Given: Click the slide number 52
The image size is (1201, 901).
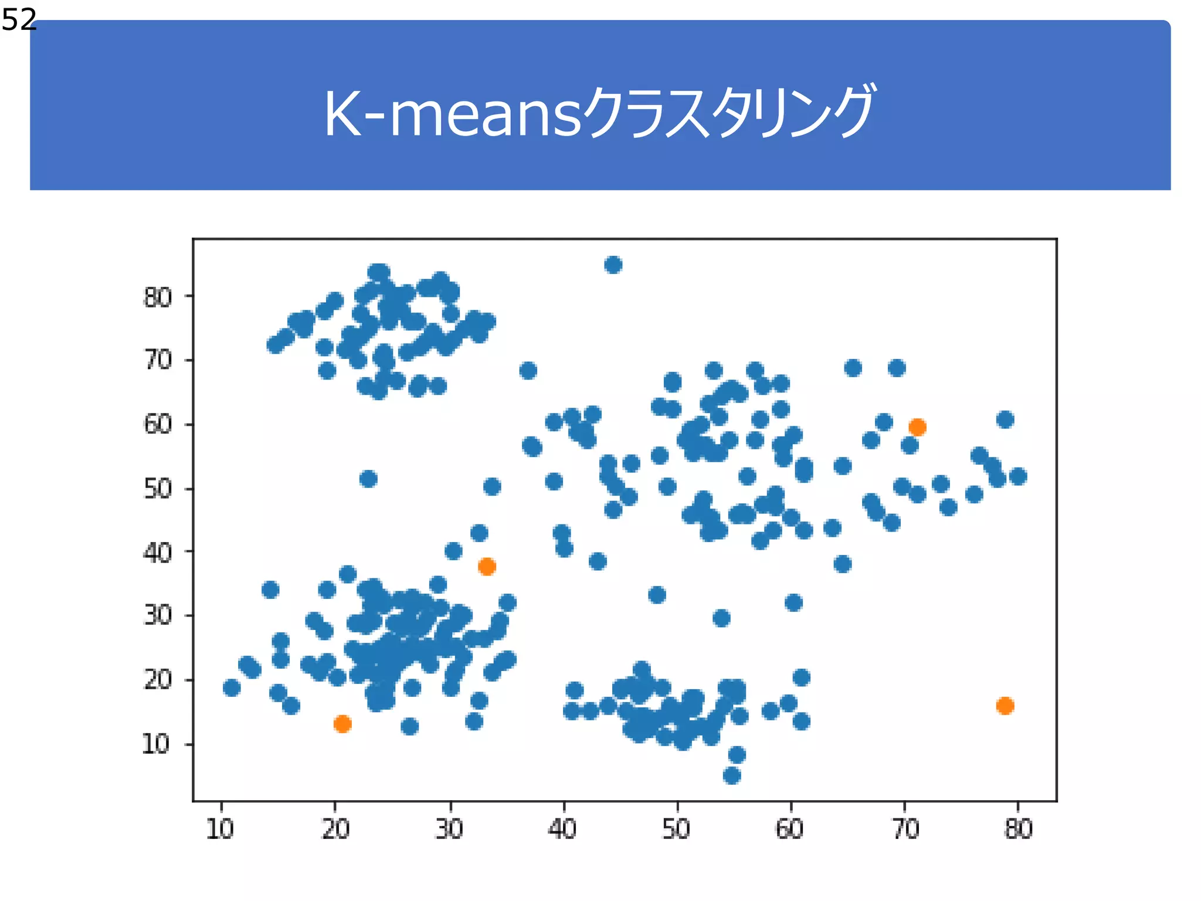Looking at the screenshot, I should pyautogui.click(x=19, y=20).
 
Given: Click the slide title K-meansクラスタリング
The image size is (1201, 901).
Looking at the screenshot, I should pyautogui.click(x=599, y=113).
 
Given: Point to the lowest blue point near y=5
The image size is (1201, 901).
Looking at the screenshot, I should pyautogui.click(x=732, y=776).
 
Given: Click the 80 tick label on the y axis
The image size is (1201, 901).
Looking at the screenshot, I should pyautogui.click(x=158, y=297).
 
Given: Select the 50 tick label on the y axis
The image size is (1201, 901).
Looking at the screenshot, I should pyautogui.click(x=158, y=488).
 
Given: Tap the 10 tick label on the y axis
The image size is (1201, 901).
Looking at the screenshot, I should pyautogui.click(x=157, y=744).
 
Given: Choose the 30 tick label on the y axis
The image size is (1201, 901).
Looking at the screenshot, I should pyautogui.click(x=158, y=615).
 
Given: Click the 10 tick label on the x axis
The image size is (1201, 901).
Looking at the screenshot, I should pyautogui.click(x=220, y=829).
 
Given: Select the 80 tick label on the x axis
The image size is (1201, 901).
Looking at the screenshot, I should pyautogui.click(x=1018, y=829).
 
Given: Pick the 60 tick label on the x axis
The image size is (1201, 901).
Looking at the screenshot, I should pyautogui.click(x=790, y=829).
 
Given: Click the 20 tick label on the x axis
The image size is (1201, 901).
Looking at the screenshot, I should pyautogui.click(x=335, y=829).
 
